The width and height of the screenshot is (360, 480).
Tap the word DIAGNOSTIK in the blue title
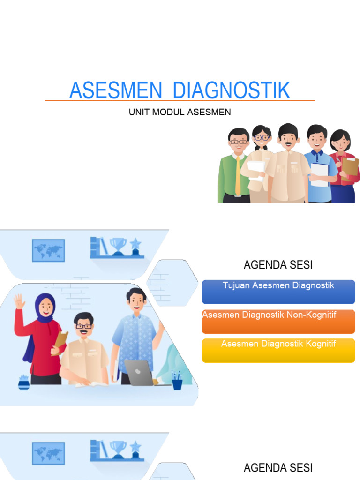point(232,90)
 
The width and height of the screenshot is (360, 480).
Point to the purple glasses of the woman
point(262,138)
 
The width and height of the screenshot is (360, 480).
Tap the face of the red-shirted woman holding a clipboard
point(340,142)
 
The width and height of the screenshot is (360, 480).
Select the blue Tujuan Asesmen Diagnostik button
point(278,292)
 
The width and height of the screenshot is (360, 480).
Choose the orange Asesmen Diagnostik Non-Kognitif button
point(278,321)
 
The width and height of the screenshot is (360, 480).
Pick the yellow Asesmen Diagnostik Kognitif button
point(278,350)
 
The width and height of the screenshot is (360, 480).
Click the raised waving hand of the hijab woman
point(19,300)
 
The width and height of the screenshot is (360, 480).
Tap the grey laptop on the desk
point(139,373)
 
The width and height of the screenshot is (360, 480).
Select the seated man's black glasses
point(83,326)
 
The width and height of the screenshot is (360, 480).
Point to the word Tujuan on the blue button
point(236,285)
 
